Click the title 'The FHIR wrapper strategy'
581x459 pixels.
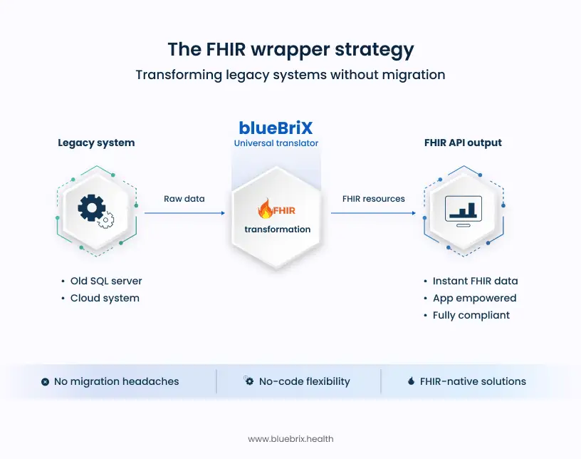[290, 49]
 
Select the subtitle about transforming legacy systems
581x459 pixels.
[290, 75]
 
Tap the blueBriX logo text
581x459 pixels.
[276, 128]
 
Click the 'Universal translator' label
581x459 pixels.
[276, 143]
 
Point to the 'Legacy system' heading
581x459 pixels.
[96, 143]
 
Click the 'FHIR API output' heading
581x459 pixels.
[463, 143]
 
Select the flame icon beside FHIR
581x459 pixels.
[266, 210]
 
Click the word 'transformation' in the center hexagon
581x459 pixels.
[277, 229]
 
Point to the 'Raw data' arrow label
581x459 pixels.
[184, 199]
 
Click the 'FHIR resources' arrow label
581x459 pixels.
[373, 199]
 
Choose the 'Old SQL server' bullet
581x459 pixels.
[106, 281]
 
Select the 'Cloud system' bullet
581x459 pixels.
[105, 298]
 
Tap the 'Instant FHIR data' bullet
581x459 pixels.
[475, 281]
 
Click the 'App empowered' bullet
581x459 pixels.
[474, 298]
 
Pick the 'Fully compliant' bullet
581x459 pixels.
[471, 315]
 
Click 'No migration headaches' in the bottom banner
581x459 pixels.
[116, 381]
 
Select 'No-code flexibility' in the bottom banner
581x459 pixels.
[304, 381]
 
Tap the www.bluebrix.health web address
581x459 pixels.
[290, 439]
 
